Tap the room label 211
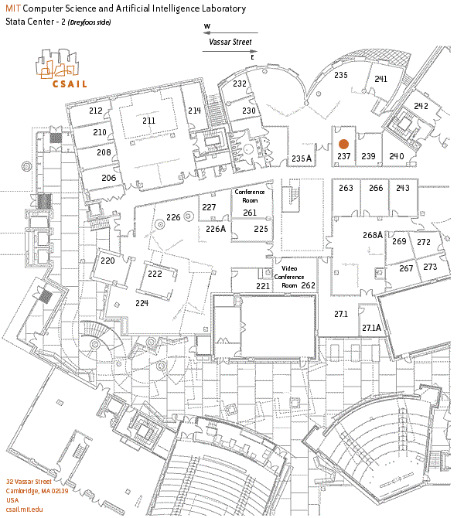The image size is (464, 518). [148, 121]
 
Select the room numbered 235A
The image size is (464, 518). [301, 158]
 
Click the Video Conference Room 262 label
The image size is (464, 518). [292, 276]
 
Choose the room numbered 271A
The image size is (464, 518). [371, 328]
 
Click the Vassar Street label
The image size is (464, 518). [230, 43]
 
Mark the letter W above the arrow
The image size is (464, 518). [206, 26]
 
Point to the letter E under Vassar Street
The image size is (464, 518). [252, 57]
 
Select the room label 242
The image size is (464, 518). [421, 106]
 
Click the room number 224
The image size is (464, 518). [142, 303]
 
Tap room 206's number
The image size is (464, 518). [108, 178]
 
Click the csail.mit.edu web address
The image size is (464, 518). [25, 509]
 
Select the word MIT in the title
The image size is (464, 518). [13, 9]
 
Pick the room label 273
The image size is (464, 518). [431, 267]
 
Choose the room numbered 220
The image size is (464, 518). [107, 261]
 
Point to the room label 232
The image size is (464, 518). [240, 83]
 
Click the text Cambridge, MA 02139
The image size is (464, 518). [37, 491]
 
